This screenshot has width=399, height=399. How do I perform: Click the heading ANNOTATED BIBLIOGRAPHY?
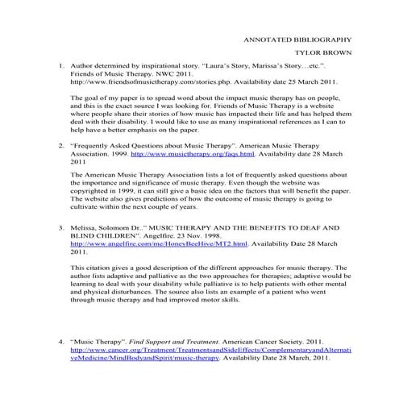coord(297,39)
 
